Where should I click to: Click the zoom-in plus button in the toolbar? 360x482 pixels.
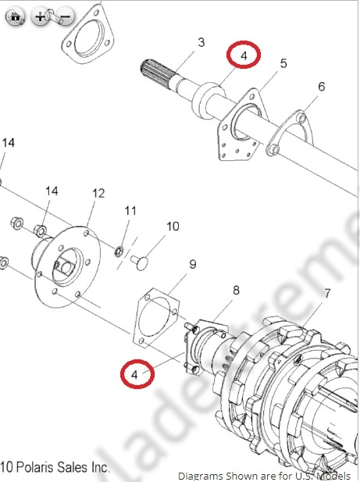pos(41,16)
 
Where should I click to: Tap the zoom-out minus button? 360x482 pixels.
pos(66,16)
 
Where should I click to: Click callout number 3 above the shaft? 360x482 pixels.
pos(201,42)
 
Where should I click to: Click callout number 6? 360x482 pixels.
pos(321,86)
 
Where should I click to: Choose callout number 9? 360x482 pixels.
pos(192,264)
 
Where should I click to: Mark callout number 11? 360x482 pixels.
pos(130,211)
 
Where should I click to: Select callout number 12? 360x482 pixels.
pos(98,193)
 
